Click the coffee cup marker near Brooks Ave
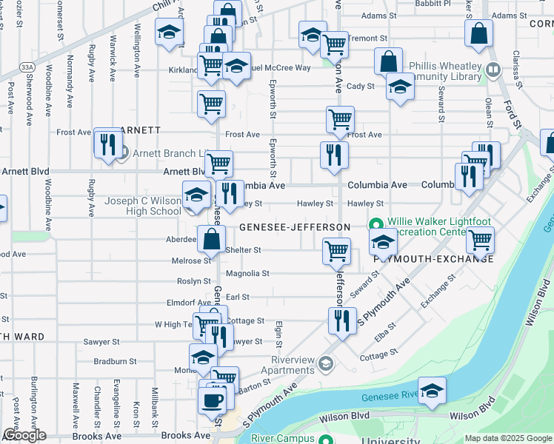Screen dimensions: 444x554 coord(212,400)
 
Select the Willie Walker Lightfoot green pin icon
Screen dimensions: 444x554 coord(376,223)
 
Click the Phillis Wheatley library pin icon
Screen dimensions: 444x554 coord(493,71)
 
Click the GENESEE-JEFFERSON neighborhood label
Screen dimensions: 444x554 coord(294,226)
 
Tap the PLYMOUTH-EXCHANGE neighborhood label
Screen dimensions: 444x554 coord(433,258)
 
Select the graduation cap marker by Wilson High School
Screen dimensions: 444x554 coord(196,195)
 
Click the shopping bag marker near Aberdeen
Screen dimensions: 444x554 coord(212,239)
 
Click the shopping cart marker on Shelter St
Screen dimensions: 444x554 coord(337,251)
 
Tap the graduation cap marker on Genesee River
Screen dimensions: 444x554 coord(432,391)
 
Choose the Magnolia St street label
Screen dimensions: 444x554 coord(247,274)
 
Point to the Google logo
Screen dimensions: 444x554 coord(24,436)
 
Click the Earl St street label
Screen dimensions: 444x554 coord(238,297)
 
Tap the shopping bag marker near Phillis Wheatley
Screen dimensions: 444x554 coord(389,62)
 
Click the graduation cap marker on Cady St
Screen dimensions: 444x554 coord(400,87)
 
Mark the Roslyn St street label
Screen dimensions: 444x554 coord(194,281)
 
